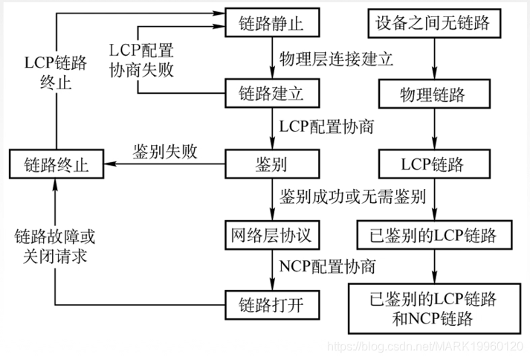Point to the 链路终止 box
click(56, 163)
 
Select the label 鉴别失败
click(165, 152)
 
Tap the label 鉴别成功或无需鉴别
click(352, 197)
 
